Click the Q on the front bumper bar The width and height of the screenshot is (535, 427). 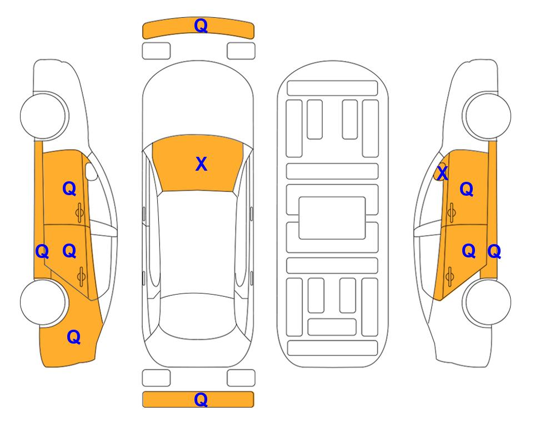click(201, 26)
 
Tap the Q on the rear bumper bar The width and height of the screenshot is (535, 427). click(201, 399)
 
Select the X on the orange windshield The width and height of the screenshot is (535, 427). click(201, 164)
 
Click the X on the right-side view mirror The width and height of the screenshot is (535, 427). click(442, 173)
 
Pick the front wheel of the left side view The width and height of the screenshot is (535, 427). click(43, 116)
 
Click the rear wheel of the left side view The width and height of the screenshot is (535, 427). click(43, 302)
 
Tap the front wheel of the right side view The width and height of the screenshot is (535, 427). click(487, 116)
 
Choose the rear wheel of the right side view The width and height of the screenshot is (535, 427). click(487, 302)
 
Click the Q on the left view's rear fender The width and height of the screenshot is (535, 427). click(73, 337)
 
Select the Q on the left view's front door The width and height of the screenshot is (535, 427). click(69, 188)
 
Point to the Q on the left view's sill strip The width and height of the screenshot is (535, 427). click(42, 252)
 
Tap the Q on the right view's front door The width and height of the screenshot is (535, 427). click(467, 189)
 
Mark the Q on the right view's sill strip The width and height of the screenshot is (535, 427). click(494, 252)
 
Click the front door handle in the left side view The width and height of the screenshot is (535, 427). click(79, 213)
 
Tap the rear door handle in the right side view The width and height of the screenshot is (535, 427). click(449, 277)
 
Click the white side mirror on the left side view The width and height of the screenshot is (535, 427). click(91, 171)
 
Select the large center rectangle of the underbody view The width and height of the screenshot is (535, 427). click(332, 218)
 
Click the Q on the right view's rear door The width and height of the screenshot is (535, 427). click(468, 251)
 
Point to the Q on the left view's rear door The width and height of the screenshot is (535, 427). click(69, 251)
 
